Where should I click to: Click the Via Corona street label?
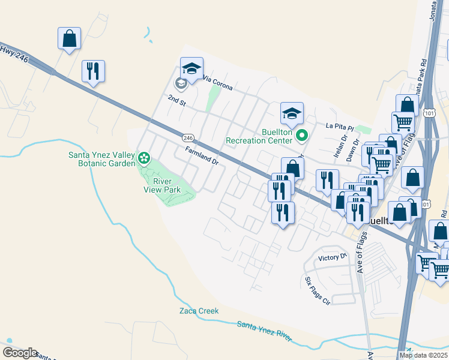pyautogui.click(x=217, y=83)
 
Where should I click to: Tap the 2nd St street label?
pyautogui.click(x=177, y=100)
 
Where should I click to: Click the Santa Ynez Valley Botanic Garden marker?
pyautogui.click(x=143, y=158)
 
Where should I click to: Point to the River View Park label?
pyautogui.click(x=162, y=185)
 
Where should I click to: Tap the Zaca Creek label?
pyautogui.click(x=199, y=311)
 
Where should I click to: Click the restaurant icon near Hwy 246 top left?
pyautogui.click(x=93, y=71)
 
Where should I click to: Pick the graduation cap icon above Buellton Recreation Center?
pyautogui.click(x=292, y=113)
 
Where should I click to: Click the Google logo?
pyautogui.click(x=20, y=353)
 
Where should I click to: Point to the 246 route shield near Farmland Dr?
pyautogui.click(x=188, y=137)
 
